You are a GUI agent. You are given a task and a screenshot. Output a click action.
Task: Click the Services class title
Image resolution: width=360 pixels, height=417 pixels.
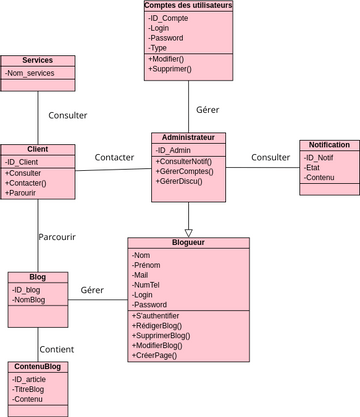[37, 61]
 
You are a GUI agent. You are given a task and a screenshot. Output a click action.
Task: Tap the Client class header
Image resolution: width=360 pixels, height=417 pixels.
[38, 149]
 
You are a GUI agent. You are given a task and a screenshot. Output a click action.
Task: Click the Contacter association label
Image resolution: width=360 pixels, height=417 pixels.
[114, 157]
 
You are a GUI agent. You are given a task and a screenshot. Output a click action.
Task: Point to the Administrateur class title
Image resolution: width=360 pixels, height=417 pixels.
[188, 137]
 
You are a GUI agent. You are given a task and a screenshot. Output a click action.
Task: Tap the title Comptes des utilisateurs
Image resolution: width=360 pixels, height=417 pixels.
[188, 6]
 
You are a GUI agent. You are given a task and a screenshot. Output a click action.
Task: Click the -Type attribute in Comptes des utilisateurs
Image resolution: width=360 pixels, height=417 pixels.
[158, 47]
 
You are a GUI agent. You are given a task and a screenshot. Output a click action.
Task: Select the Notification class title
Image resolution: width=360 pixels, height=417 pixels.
[329, 145]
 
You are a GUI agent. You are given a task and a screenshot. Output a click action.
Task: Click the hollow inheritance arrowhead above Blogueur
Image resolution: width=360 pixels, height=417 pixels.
[188, 232]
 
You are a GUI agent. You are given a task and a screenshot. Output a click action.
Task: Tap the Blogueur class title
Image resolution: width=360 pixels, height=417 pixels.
[188, 242]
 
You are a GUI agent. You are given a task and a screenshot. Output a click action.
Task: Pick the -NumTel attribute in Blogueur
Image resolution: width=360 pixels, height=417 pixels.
[148, 283]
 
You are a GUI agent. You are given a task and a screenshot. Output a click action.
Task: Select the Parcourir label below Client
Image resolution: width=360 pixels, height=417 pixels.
[57, 237]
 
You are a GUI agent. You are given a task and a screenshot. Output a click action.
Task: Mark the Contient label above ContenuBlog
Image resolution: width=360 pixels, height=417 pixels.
[56, 349]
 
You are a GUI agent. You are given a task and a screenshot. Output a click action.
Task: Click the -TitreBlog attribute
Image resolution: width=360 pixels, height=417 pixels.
[30, 389]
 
